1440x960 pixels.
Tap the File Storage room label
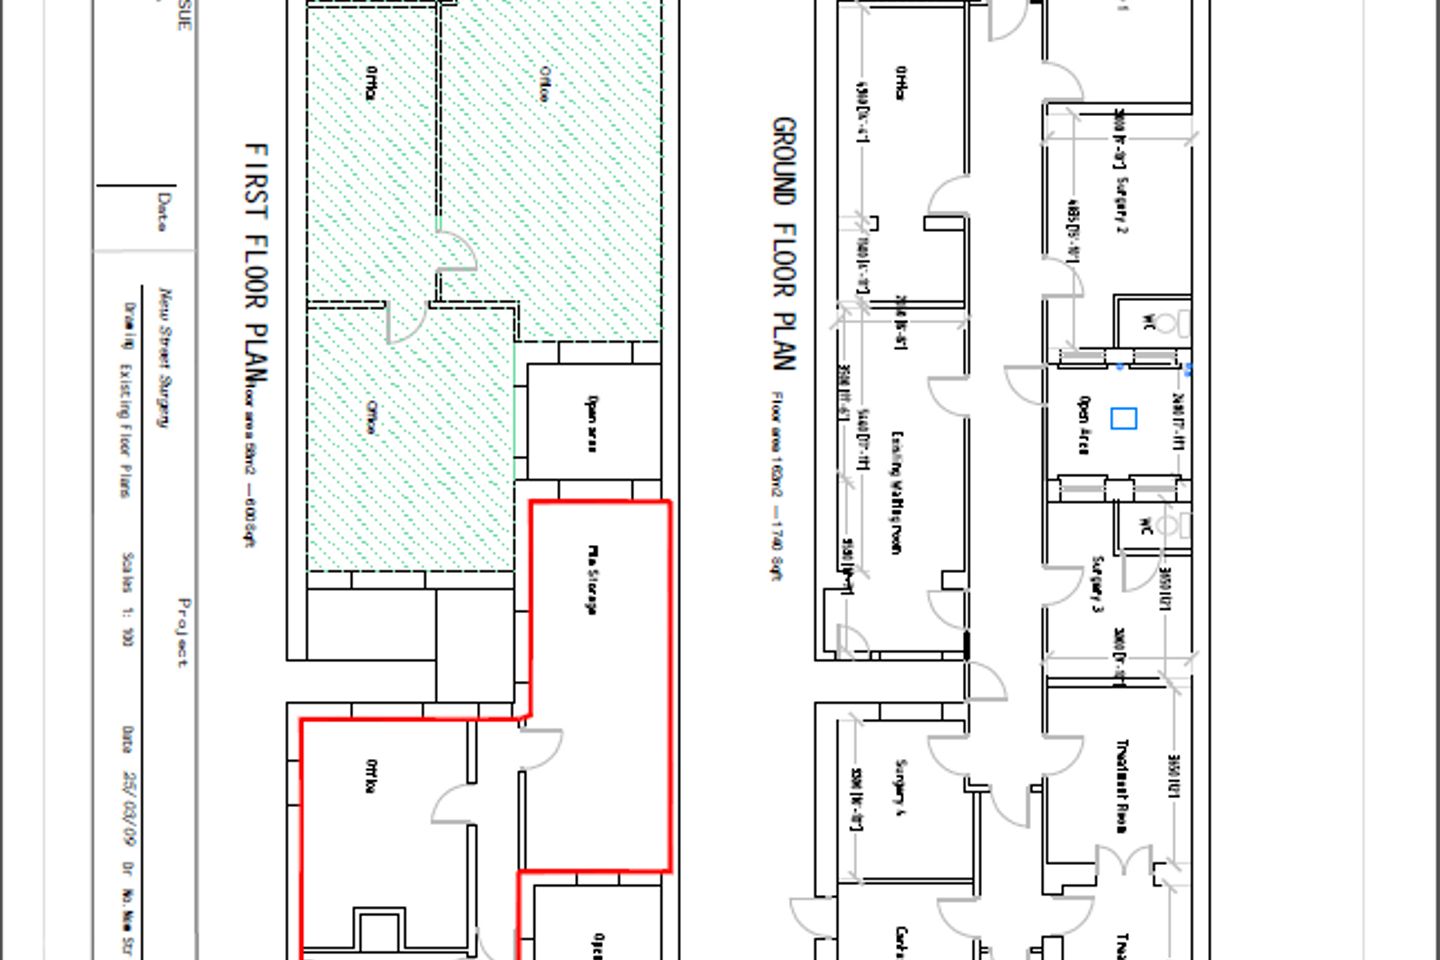pyautogui.click(x=592, y=579)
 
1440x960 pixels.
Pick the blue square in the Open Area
pyautogui.click(x=1124, y=419)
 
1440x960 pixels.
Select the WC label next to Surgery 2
pyautogui.click(x=1149, y=322)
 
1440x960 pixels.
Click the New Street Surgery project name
pyautogui.click(x=165, y=357)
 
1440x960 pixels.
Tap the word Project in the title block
pyautogui.click(x=183, y=632)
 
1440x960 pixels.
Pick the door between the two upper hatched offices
pyautogui.click(x=455, y=250)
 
